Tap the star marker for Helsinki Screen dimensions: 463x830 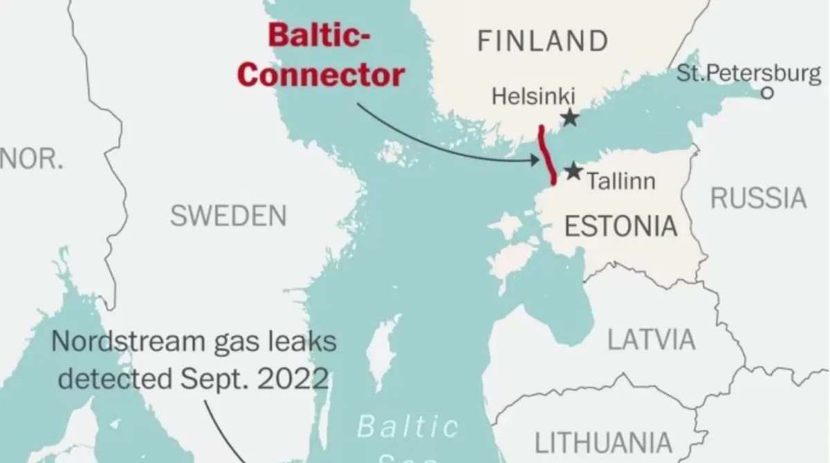coord(569,117)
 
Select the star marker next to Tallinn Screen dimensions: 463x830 coord(573,171)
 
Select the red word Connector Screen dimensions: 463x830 coord(321,75)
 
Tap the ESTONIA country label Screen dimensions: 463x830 coord(621,226)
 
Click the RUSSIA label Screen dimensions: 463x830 coord(759,198)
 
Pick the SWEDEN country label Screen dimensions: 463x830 coord(228,216)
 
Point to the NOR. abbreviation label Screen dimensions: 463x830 coord(31,159)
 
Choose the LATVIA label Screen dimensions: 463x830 coord(652,339)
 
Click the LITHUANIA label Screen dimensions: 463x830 coord(604,442)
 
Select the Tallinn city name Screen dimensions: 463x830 coord(620,182)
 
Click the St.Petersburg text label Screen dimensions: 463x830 coord(749,73)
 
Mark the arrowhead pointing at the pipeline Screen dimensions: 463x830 coord(535,160)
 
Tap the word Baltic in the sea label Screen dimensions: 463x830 coord(408,426)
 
